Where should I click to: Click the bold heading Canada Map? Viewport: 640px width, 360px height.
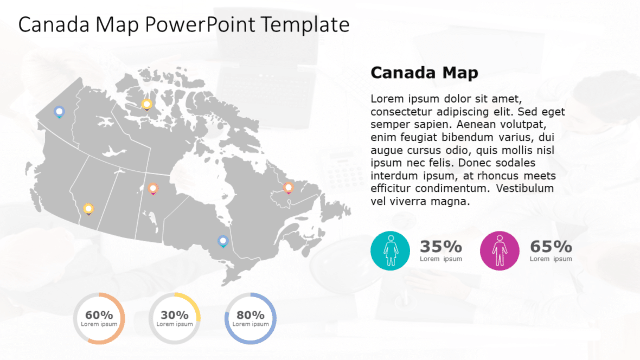424,73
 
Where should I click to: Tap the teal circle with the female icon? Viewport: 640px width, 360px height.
390,250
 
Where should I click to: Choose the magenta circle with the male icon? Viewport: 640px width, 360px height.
500,250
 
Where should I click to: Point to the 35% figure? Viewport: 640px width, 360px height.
440,247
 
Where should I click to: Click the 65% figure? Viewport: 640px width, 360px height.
551,247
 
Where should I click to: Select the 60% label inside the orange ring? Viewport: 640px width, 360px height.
99,315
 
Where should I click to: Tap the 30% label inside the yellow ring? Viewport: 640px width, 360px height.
175,315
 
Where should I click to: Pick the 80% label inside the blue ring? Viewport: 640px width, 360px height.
250,315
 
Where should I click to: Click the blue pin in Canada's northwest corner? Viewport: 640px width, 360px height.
59,112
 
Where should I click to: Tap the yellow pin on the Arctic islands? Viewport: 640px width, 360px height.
146,104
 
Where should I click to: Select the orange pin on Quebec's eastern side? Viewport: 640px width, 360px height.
289,188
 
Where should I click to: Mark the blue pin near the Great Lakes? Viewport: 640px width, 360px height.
222,240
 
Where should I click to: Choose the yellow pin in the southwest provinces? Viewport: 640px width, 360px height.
88,208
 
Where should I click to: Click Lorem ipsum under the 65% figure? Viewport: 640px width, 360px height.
551,259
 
